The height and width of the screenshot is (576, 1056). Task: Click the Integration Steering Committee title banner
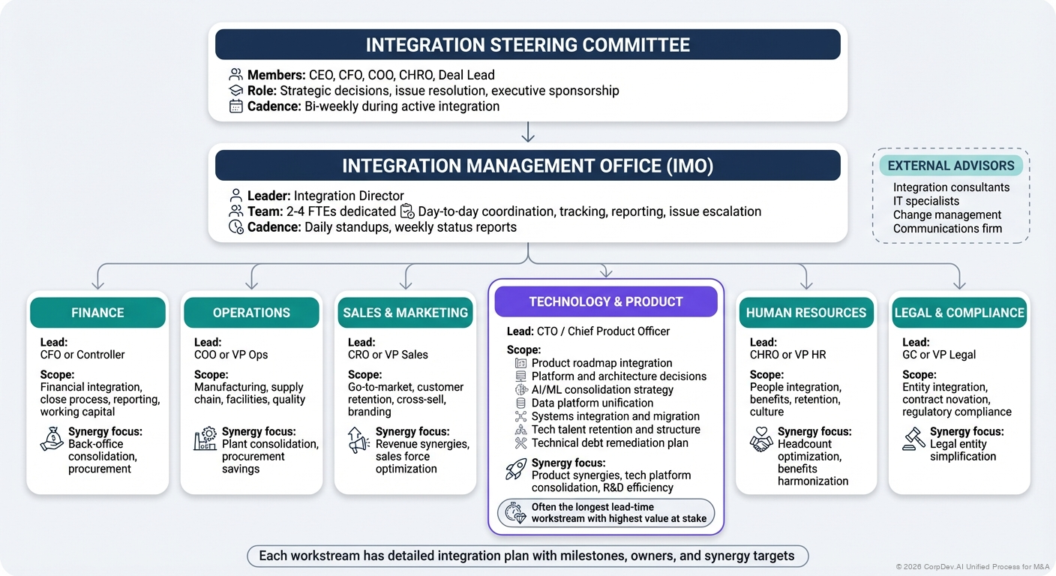click(x=527, y=45)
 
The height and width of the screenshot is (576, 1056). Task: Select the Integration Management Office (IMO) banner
click(x=527, y=166)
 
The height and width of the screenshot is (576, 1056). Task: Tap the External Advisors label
click(x=950, y=166)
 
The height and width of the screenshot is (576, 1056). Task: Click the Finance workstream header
click(x=97, y=313)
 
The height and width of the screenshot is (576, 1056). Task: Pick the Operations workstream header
click(x=251, y=313)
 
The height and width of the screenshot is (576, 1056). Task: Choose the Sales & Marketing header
click(x=405, y=313)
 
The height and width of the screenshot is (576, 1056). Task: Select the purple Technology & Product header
click(x=606, y=301)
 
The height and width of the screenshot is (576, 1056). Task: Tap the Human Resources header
click(x=806, y=313)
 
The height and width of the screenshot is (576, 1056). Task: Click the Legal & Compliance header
click(x=959, y=313)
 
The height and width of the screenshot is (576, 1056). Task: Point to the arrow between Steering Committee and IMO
click(x=528, y=132)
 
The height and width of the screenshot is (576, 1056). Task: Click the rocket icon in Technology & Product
click(x=516, y=469)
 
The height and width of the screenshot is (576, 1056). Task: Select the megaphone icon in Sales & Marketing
click(x=358, y=439)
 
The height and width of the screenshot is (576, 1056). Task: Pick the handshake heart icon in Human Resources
click(x=761, y=439)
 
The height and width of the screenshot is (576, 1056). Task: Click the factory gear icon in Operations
click(x=205, y=439)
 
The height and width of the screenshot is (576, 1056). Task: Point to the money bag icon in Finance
click(x=51, y=439)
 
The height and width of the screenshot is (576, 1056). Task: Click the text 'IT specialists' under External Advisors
click(x=925, y=201)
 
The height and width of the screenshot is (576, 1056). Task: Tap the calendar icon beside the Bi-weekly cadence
click(x=235, y=106)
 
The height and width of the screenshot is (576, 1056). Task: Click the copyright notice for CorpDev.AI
click(x=972, y=566)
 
